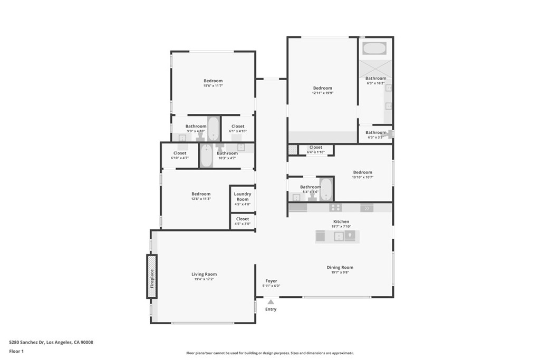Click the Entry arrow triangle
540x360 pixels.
[x=271, y=302]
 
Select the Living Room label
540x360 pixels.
[x=204, y=274]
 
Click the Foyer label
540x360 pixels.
[x=271, y=281]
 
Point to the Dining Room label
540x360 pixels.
[x=340, y=267]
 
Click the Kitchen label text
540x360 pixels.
[x=341, y=221]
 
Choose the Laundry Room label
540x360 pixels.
[x=243, y=197]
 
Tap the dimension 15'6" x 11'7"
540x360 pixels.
[x=213, y=86]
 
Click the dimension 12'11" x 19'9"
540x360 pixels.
[x=322, y=93]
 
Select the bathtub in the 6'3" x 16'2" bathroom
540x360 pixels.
[x=375, y=48]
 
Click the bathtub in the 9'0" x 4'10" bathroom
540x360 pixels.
[x=213, y=128]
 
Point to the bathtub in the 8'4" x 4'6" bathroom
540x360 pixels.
[x=326, y=189]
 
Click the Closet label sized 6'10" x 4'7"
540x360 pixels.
[x=180, y=153]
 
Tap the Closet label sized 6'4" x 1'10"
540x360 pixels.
[x=315, y=148]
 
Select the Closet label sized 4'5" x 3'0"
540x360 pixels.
[x=243, y=219]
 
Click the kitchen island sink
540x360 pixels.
[x=338, y=237]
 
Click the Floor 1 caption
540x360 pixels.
[x=17, y=351]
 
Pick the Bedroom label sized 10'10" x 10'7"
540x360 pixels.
[x=362, y=172]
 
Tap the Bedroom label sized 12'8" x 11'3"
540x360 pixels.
[x=201, y=194]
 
